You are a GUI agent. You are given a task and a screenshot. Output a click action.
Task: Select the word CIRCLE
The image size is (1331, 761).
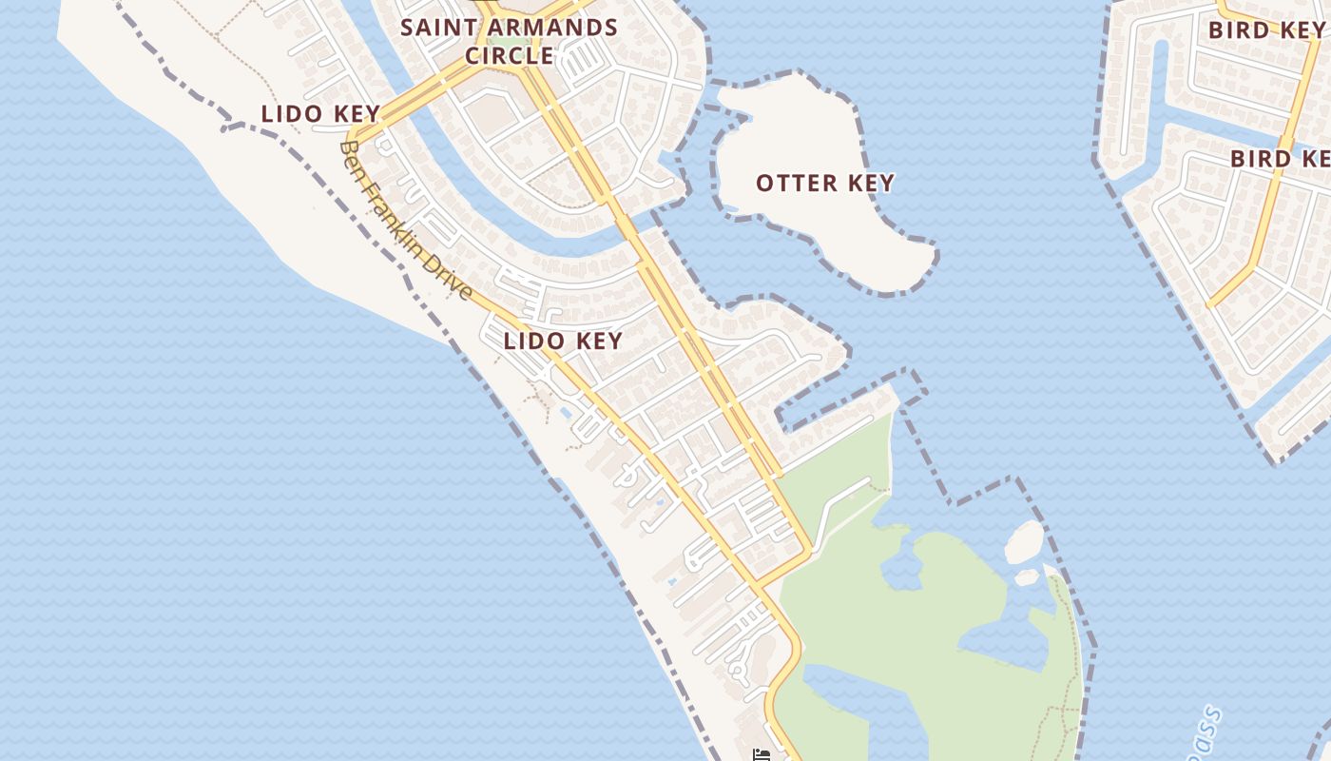click(510, 55)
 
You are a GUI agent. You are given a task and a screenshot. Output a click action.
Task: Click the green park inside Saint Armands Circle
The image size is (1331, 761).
click(514, 43)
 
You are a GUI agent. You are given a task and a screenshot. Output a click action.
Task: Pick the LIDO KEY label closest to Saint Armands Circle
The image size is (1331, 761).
click(320, 114)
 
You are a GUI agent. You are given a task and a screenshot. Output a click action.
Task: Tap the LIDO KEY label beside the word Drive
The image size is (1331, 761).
click(563, 341)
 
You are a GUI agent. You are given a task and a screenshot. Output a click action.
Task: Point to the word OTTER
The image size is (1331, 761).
click(795, 184)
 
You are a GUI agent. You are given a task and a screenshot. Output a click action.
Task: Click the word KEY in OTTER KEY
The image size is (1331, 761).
click(871, 184)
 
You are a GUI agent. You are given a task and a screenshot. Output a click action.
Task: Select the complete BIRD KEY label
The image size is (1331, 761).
click(1265, 30)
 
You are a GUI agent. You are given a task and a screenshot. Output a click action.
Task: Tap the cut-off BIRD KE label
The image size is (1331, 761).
click(1280, 159)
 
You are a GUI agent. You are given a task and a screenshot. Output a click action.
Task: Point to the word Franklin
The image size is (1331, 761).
click(397, 218)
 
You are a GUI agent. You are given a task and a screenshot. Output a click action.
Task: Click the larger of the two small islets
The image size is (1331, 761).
click(1024, 541)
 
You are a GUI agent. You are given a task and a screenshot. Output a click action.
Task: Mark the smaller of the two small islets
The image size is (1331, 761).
click(1027, 576)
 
